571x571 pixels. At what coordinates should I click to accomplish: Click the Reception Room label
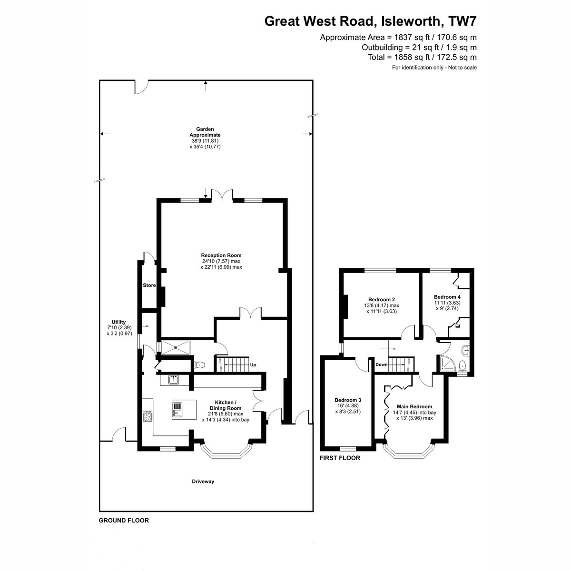(x=221, y=255)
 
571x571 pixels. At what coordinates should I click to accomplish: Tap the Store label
(x=149, y=285)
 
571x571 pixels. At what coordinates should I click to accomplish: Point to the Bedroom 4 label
(x=447, y=296)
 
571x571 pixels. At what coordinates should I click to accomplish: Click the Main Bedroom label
(x=414, y=406)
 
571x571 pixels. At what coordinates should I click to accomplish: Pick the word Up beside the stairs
(x=253, y=365)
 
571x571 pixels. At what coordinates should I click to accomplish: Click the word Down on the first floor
(x=381, y=364)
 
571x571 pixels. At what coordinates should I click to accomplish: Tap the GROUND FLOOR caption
(x=124, y=521)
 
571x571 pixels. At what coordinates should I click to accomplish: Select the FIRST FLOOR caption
(x=340, y=458)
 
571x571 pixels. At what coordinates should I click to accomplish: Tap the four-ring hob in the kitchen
(x=147, y=416)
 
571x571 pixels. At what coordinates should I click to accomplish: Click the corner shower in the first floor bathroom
(x=446, y=364)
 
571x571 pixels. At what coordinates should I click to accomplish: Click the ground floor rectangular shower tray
(x=176, y=347)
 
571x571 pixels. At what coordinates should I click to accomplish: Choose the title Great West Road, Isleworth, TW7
(x=370, y=21)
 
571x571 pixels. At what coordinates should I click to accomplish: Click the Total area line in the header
(x=422, y=57)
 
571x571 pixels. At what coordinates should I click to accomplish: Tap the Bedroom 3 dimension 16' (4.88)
(x=348, y=406)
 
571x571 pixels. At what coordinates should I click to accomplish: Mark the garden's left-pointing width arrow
(x=105, y=134)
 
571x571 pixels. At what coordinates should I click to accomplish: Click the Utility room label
(x=118, y=322)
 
